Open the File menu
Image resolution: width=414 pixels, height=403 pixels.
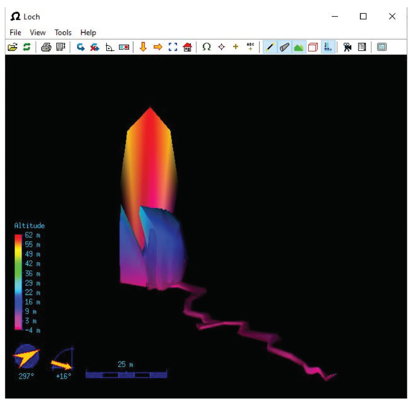pyautogui.click(x=15, y=32)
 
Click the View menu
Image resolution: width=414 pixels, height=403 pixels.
pyautogui.click(x=38, y=32)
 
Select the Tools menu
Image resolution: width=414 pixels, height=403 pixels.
pyautogui.click(x=63, y=32)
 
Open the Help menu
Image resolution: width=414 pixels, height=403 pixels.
pyautogui.click(x=88, y=32)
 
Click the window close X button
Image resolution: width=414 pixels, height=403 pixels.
pyautogui.click(x=392, y=16)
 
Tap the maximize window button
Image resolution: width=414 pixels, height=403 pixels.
pyautogui.click(x=363, y=16)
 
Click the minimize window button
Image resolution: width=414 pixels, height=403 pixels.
pyautogui.click(x=335, y=17)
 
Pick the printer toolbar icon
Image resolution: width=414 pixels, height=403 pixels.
pyautogui.click(x=46, y=47)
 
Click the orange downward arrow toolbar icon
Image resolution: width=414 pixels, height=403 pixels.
pyautogui.click(x=143, y=47)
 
